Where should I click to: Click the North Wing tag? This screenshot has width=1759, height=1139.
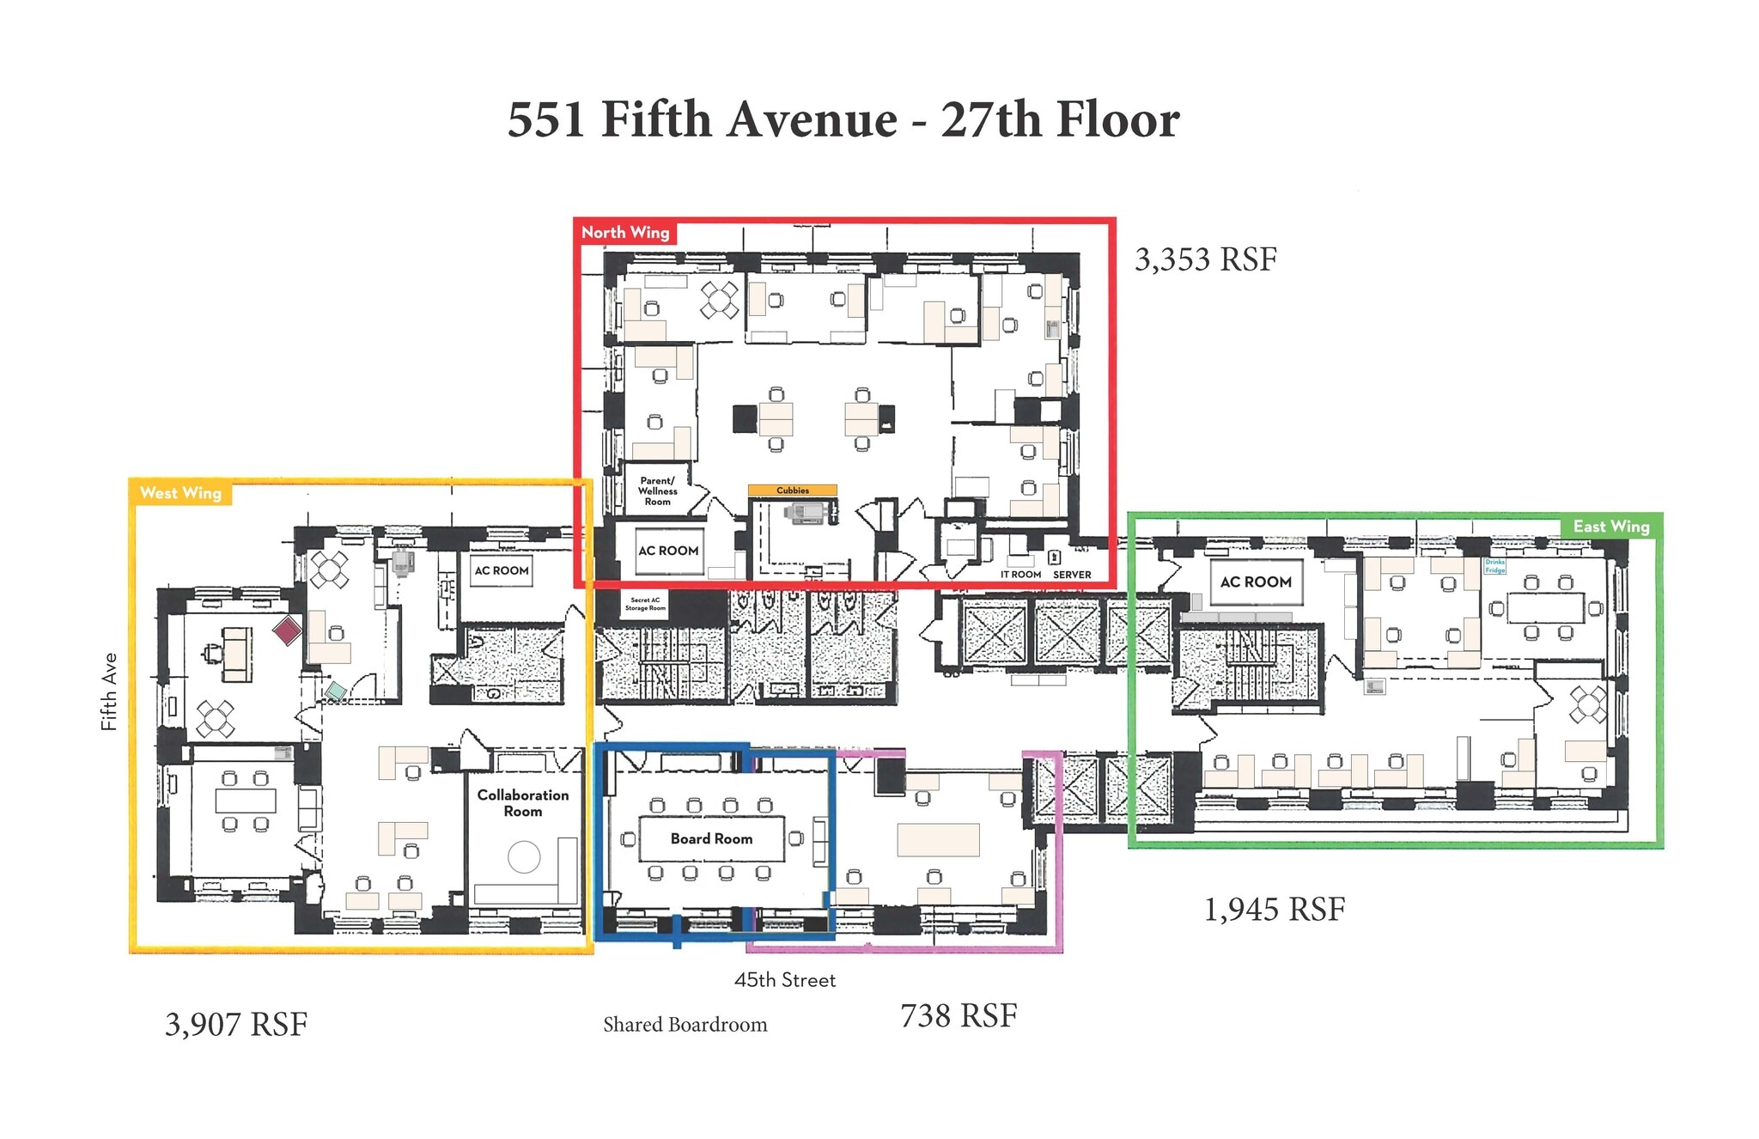(625, 233)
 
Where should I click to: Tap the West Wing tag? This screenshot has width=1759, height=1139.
(180, 493)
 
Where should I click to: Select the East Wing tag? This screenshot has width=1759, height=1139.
(1610, 527)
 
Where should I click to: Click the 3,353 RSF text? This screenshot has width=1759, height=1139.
(1205, 259)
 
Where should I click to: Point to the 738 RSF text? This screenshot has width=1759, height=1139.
(959, 1015)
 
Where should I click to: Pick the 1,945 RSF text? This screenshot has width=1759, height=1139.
(1274, 909)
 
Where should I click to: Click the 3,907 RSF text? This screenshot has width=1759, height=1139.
(236, 1024)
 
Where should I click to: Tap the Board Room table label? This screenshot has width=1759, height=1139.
(711, 838)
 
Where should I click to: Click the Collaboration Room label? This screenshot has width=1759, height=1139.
(522, 803)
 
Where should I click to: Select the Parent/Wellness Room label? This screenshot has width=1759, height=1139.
(657, 491)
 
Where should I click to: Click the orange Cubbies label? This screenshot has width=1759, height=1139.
(792, 490)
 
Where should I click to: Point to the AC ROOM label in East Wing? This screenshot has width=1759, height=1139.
(1256, 582)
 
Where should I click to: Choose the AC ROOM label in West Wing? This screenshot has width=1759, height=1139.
(502, 570)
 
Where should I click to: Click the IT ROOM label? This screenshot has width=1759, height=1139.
(1020, 575)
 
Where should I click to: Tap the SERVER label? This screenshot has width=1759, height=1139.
(1072, 575)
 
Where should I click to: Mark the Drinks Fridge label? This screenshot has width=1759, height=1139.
(1494, 566)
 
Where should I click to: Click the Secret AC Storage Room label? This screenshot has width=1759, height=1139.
(645, 604)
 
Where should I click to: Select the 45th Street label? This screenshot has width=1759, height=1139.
(784, 980)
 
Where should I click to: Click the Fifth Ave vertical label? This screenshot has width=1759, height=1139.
(109, 691)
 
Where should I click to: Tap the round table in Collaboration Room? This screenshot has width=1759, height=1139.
(524, 856)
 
